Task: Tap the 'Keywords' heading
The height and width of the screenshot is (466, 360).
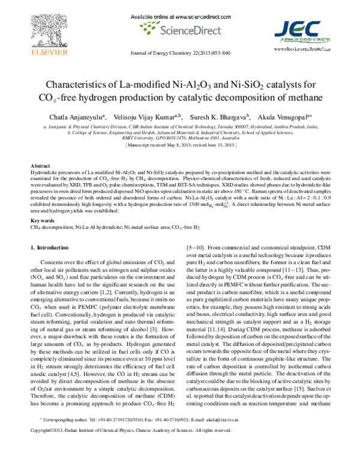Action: click(x=42, y=220)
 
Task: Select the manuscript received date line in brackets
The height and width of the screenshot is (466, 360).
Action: click(x=180, y=145)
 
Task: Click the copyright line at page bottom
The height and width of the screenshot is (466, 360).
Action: click(x=147, y=448)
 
